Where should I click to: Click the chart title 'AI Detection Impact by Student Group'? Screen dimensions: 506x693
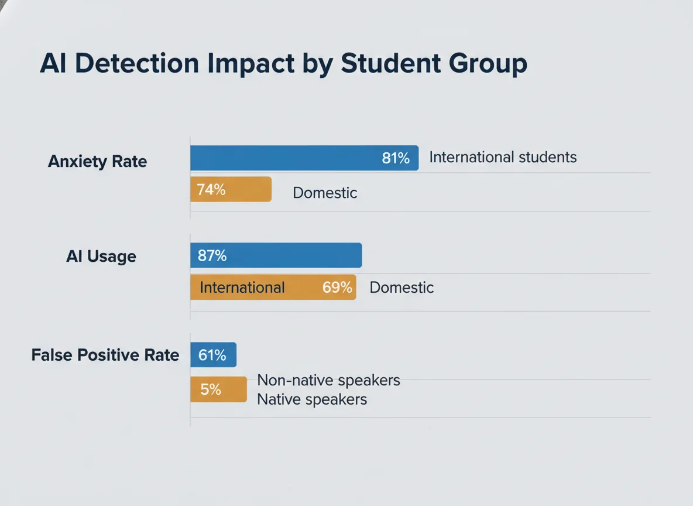[283, 64]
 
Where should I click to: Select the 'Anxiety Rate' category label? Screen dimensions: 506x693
[97, 161]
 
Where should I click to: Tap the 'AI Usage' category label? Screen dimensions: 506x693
[101, 257]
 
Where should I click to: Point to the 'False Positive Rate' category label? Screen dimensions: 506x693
[105, 355]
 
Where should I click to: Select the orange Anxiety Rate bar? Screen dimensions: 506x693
[231, 189]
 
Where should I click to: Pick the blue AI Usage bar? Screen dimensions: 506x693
[276, 256]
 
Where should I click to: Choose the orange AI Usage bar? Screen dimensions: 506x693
[273, 288]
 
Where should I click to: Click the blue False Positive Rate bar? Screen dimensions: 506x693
[213, 355]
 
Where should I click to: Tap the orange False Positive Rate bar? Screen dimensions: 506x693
[218, 389]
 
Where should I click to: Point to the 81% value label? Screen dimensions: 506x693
[396, 158]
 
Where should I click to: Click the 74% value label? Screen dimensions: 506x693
[211, 190]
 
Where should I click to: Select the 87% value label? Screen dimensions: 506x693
[212, 256]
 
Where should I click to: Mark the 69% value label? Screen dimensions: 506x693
[337, 288]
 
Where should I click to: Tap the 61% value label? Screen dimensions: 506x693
[212, 355]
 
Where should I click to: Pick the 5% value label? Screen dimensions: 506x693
[211, 389]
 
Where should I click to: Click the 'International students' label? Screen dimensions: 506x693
[503, 157]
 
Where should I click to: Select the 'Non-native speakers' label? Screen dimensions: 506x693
[328, 380]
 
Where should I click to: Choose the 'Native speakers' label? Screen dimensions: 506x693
[312, 399]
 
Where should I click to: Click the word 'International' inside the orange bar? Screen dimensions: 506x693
[242, 288]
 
